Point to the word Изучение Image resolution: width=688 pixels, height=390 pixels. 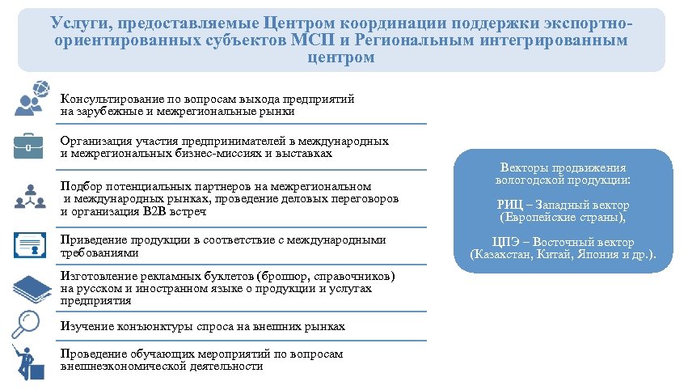pyautogui.click(x=85, y=326)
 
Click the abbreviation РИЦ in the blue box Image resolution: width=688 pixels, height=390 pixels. pyautogui.click(x=509, y=205)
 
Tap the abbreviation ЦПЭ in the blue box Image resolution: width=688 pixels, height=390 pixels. pyautogui.click(x=505, y=242)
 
